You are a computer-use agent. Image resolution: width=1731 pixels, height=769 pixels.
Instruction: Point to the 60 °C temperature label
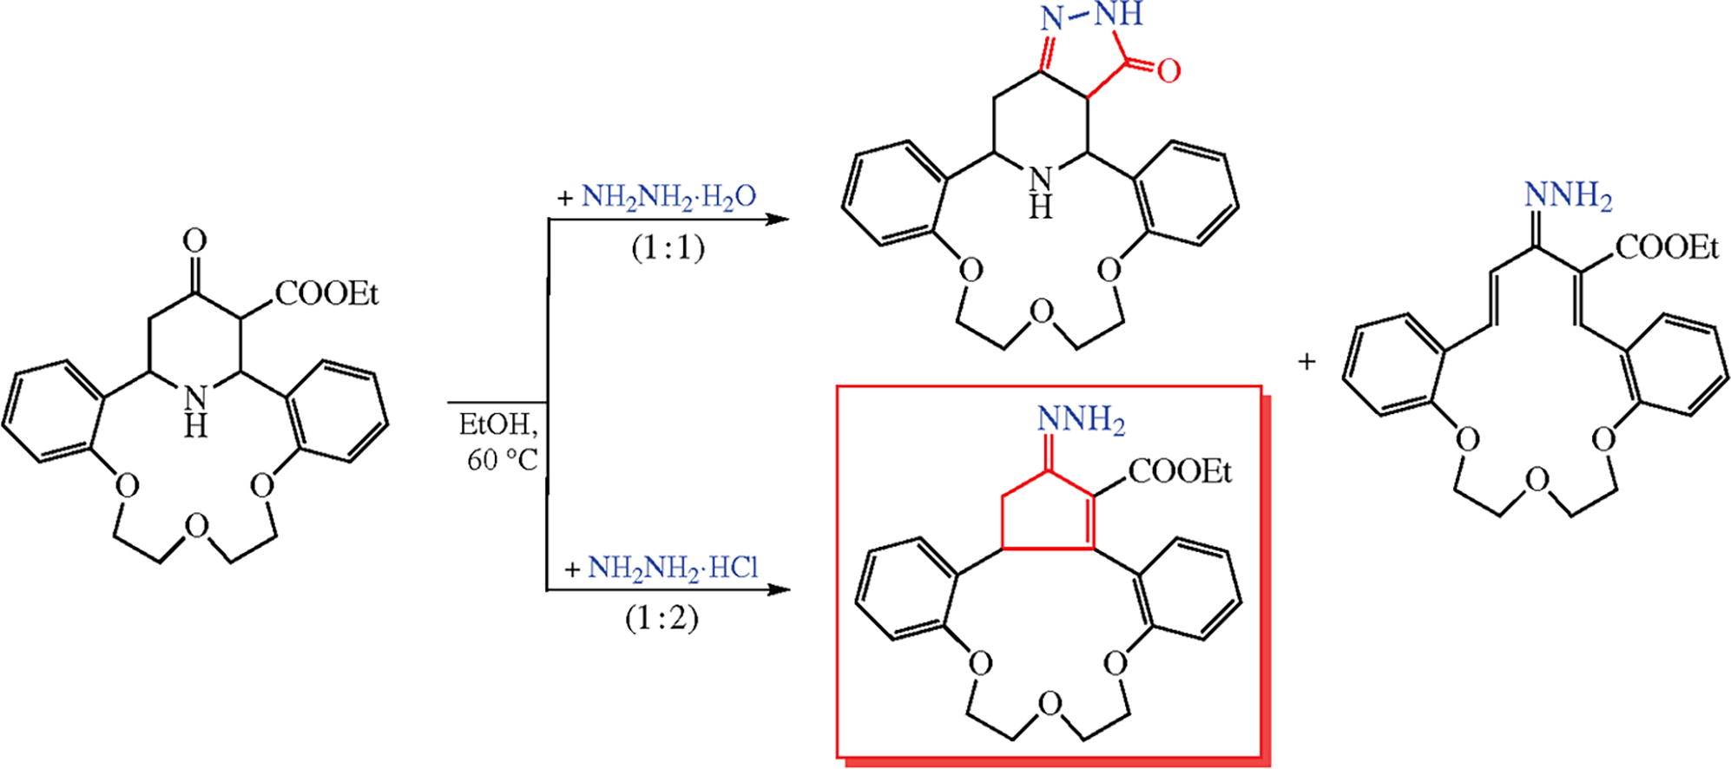[503, 460]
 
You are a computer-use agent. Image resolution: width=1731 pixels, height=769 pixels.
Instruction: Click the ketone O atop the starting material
[197, 240]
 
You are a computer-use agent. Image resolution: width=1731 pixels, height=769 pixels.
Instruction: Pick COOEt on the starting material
[329, 296]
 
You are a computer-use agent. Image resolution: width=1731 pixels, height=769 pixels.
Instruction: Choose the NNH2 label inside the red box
[1081, 423]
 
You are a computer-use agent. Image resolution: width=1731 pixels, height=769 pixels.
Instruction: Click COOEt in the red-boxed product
[1181, 472]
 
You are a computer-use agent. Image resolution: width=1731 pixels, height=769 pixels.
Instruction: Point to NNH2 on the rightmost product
[1569, 197]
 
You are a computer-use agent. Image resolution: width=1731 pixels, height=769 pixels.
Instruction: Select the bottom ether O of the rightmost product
[1536, 480]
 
